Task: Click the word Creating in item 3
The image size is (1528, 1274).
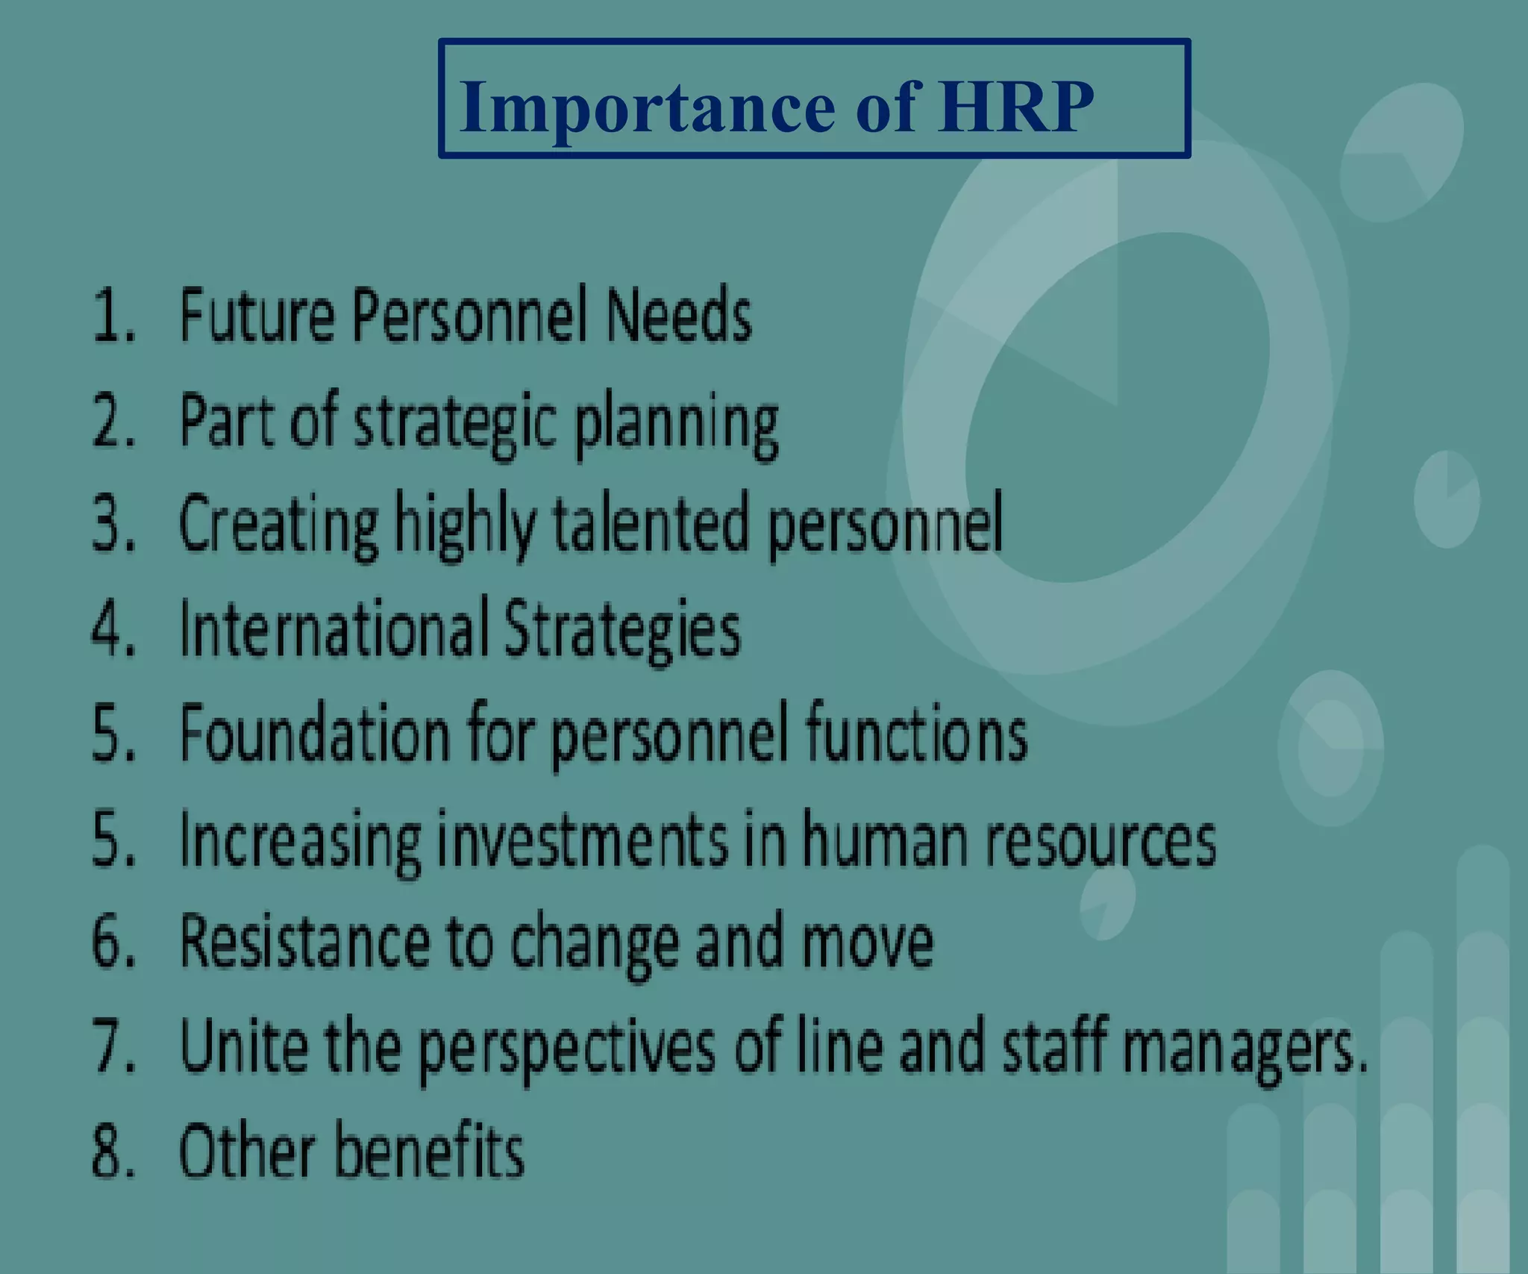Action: (278, 527)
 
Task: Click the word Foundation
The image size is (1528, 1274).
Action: (314, 734)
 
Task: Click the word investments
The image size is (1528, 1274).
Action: (582, 840)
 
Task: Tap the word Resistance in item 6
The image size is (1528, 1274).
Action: (305, 943)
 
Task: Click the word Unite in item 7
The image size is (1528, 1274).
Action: (243, 1046)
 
